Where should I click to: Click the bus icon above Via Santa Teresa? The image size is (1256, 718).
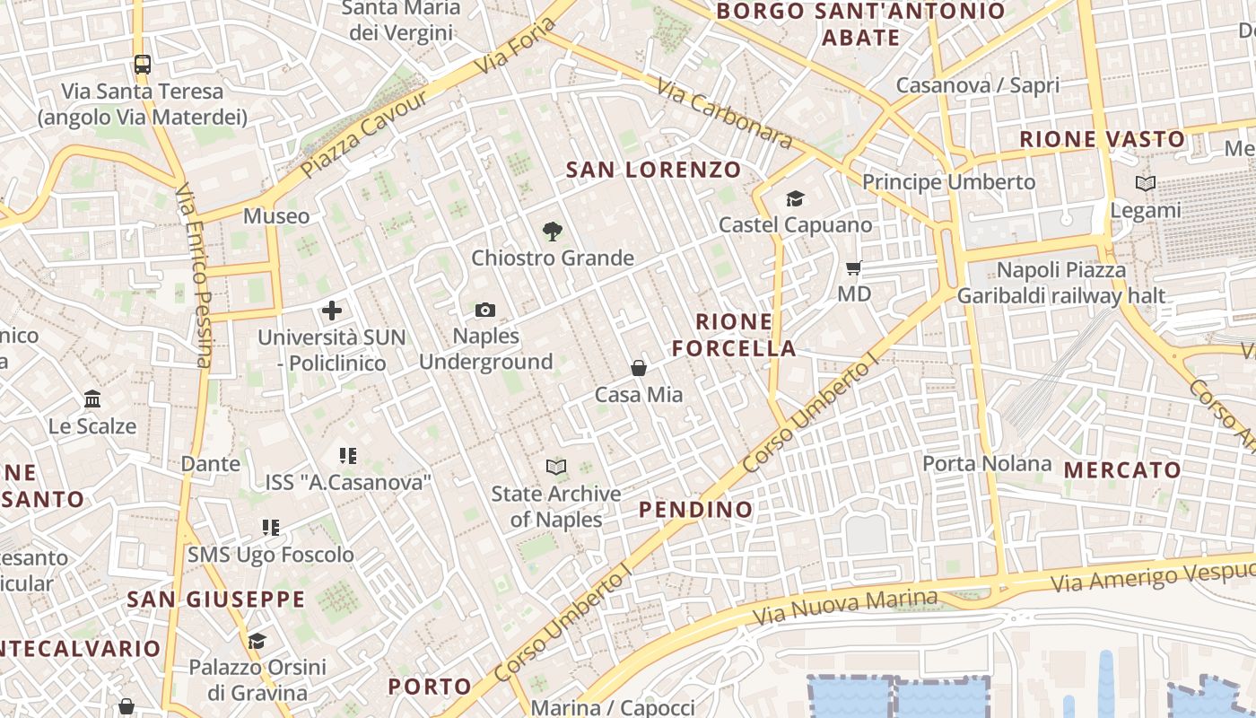point(143,64)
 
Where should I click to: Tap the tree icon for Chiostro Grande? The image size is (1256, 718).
point(553,232)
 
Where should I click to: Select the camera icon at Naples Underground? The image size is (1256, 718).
point(485,311)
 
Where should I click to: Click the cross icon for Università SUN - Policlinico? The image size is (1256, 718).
point(332,311)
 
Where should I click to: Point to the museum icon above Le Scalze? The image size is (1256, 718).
point(92,398)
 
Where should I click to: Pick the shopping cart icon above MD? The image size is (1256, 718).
point(854,267)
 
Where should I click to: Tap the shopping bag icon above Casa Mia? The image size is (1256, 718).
point(639,368)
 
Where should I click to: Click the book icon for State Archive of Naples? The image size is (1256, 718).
point(556,467)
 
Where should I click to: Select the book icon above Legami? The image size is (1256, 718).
point(1146,184)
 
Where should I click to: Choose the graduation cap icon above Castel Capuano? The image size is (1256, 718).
point(795,198)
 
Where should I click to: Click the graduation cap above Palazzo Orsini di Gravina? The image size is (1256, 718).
point(257,641)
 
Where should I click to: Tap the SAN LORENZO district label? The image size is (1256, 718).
point(654,170)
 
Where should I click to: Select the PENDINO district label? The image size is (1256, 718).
point(696,510)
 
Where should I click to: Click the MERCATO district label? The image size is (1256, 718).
point(1122,470)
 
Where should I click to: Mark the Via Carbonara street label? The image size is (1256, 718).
point(725,113)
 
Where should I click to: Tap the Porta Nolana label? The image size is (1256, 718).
point(987,464)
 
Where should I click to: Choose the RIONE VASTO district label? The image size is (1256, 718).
point(1103,139)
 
